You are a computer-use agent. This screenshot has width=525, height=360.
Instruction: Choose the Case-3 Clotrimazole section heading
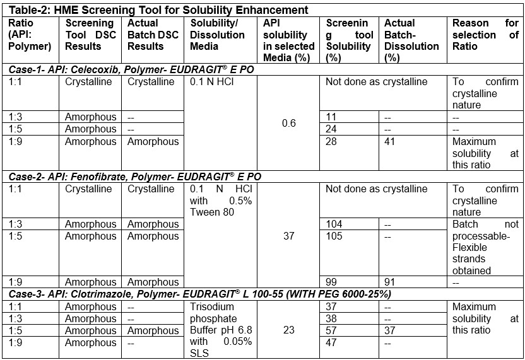[x=200, y=294]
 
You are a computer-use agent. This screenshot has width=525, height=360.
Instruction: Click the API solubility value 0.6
[x=289, y=123]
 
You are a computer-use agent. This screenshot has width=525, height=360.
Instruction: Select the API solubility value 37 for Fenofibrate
[x=289, y=236]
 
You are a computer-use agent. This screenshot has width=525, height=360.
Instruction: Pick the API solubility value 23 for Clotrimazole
[x=289, y=331]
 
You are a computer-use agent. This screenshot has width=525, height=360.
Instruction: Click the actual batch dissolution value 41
[x=390, y=141]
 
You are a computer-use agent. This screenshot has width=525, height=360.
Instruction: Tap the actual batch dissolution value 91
[x=390, y=282]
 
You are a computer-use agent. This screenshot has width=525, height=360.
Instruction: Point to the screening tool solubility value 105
[x=334, y=236]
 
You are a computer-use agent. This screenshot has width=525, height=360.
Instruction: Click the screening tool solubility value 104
[x=334, y=224]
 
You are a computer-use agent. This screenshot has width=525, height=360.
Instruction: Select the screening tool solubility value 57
[x=332, y=331]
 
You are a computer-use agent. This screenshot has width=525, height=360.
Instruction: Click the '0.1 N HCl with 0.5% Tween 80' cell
[x=220, y=200]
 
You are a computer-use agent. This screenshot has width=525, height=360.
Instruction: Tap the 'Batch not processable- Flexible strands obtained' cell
[x=485, y=247]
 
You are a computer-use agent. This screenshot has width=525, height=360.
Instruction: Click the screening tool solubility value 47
[x=332, y=343]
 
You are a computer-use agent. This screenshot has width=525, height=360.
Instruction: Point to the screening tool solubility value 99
[x=332, y=282]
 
